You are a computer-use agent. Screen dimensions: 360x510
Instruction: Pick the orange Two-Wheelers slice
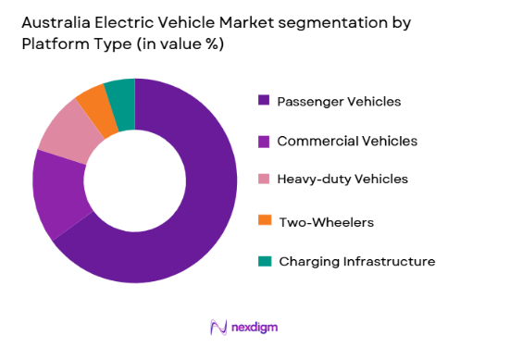(x=93, y=103)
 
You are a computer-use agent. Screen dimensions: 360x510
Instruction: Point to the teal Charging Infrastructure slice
(x=120, y=93)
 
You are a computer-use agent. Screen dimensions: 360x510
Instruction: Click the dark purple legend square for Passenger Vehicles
(x=265, y=100)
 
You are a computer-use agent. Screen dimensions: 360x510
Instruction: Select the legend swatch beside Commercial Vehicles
(x=265, y=141)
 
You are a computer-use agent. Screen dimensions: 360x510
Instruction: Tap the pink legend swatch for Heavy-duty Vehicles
(x=265, y=179)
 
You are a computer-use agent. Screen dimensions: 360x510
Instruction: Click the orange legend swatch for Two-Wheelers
(x=265, y=220)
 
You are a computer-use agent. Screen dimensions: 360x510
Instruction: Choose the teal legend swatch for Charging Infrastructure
(x=265, y=261)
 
